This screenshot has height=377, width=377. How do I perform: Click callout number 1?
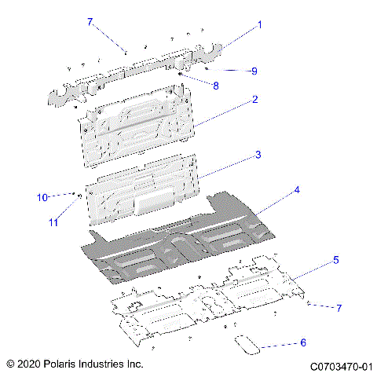[x=260, y=24]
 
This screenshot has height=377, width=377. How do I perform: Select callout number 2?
[x=255, y=100]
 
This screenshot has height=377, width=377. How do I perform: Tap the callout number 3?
[x=257, y=156]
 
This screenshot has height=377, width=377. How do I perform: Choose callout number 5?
[x=335, y=259]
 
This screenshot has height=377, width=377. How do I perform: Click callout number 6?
[x=303, y=342]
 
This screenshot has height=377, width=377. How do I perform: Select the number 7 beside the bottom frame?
[x=339, y=308]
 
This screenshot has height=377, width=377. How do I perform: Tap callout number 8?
[x=216, y=84]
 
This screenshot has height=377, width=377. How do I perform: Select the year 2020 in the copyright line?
[x=29, y=364]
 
